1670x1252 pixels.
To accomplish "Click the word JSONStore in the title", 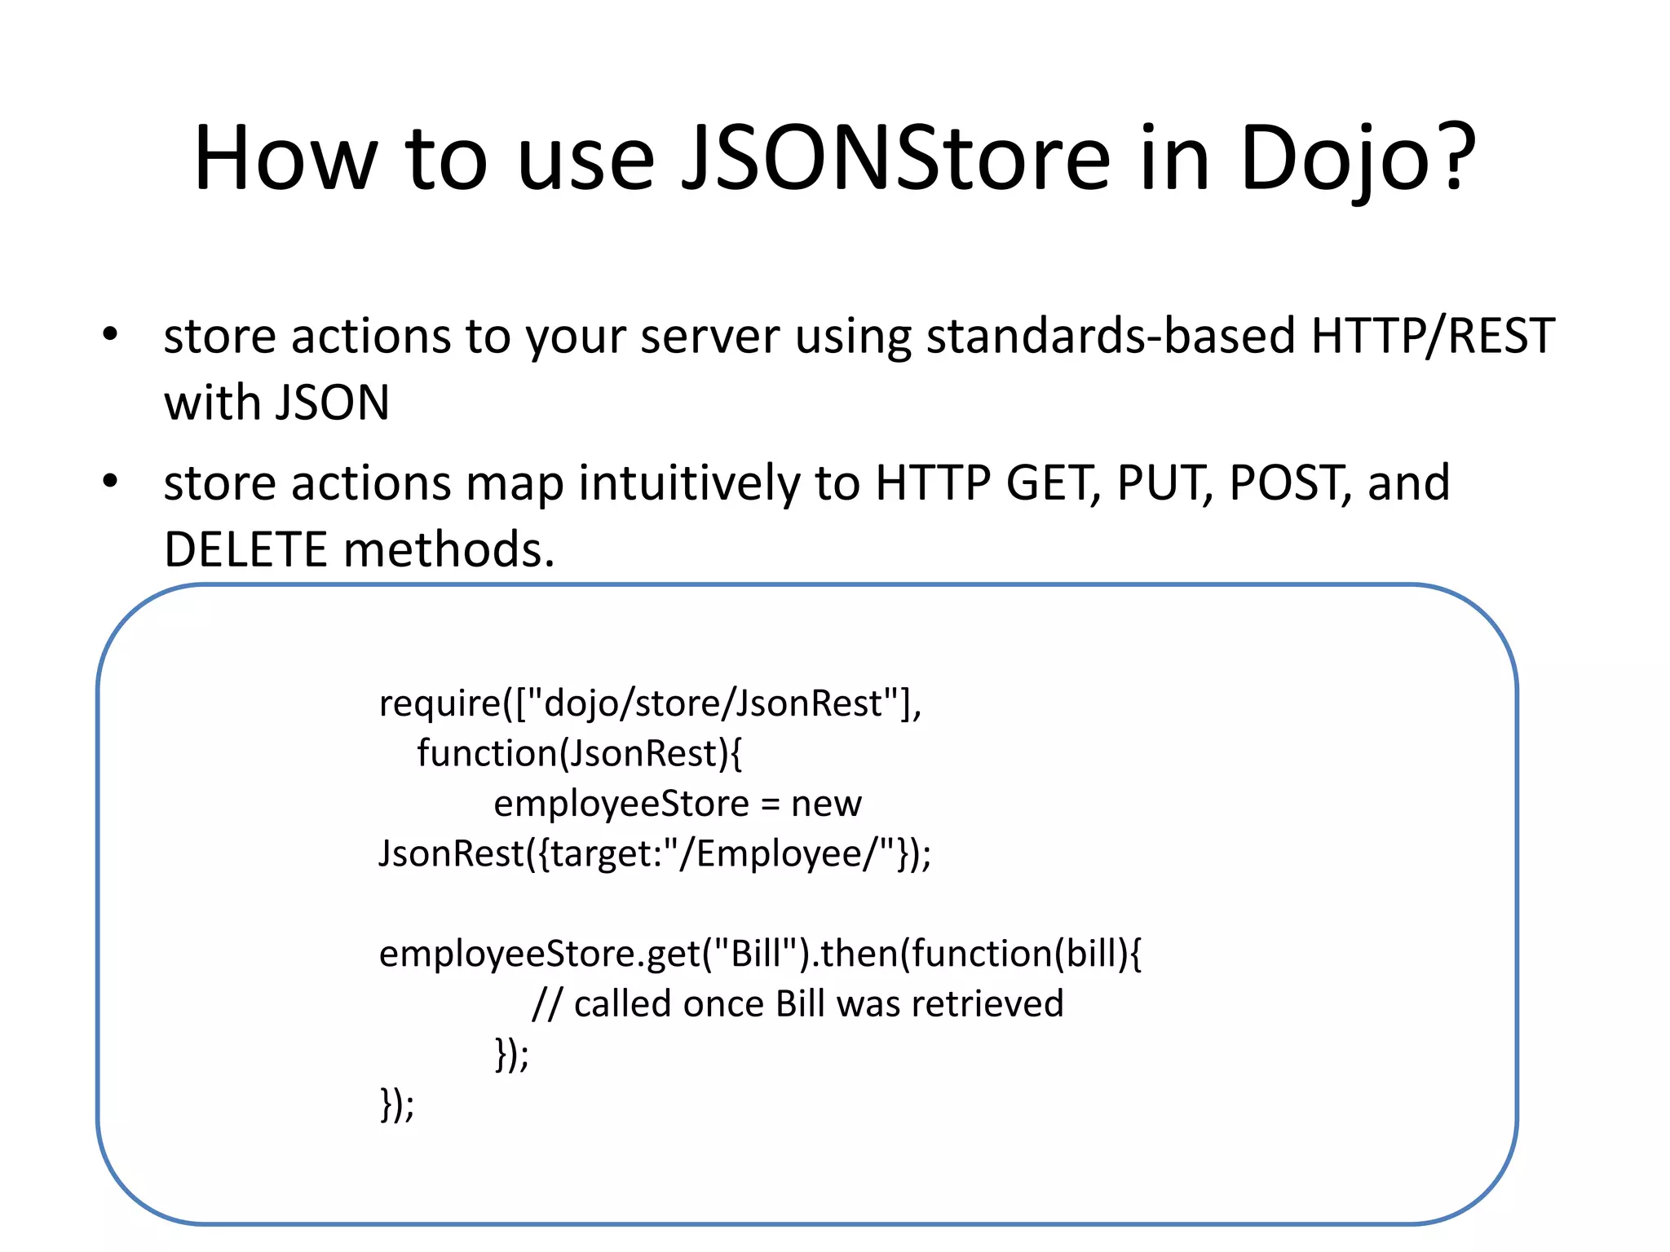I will pos(895,158).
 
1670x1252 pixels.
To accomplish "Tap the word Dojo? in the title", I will pos(1357,158).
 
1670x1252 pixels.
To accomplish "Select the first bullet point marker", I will pos(110,335).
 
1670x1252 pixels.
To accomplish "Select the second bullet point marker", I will pos(110,481).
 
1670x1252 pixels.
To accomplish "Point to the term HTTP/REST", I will pos(1432,336).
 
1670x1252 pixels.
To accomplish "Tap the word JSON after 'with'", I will pos(333,403).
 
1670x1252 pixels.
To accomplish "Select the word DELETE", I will pos(245,549).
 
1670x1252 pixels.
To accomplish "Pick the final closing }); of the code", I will pos(397,1105).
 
